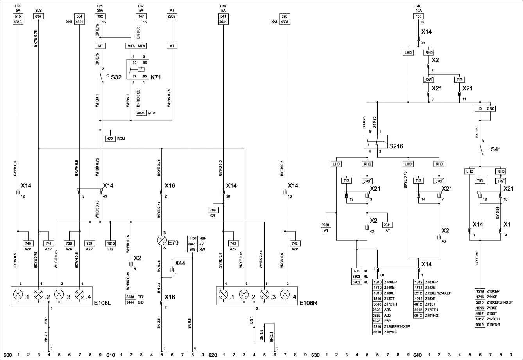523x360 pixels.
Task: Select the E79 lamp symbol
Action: click(x=161, y=240)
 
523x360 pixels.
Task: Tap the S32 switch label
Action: click(x=116, y=77)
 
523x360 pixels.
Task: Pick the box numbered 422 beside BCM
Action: click(x=110, y=139)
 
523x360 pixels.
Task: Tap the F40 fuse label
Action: click(x=419, y=7)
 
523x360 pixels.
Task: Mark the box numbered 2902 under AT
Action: click(x=172, y=16)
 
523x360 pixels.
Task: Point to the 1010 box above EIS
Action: click(x=111, y=243)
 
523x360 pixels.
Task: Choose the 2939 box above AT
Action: click(x=326, y=225)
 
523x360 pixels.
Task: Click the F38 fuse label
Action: click(x=18, y=7)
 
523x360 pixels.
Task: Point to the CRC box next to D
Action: click(x=491, y=108)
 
